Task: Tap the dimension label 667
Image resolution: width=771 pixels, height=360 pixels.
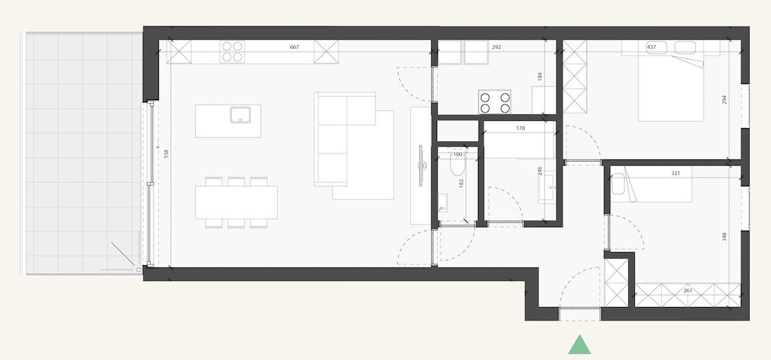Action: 294,47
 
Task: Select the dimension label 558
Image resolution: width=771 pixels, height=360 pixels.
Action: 166,154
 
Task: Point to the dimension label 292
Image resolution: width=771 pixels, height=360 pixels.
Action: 497,48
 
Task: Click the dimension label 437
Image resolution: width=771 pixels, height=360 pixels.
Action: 651,48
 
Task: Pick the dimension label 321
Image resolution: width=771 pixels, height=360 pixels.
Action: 676,173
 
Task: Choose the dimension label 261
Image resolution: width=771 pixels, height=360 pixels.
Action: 688,290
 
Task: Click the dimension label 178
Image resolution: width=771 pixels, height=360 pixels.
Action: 520,127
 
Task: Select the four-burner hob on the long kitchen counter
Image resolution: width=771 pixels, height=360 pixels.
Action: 233,52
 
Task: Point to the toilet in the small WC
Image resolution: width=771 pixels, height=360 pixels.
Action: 458,168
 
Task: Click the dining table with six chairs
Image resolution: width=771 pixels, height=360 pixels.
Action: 236,202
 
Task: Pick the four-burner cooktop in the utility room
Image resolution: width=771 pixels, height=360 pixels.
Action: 494,102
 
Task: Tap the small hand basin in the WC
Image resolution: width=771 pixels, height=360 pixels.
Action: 442,201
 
